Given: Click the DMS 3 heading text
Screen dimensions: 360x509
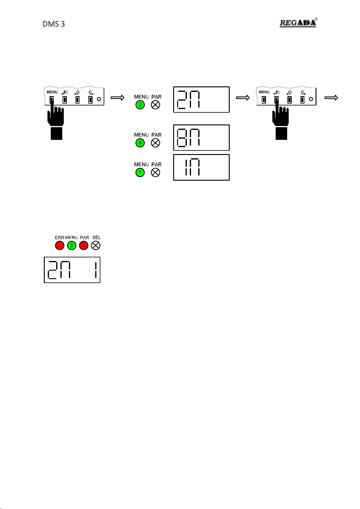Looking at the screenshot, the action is [54, 24].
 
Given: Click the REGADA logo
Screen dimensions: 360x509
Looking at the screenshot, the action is [298, 23].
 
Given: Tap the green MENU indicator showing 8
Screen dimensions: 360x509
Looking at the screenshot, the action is [140, 143].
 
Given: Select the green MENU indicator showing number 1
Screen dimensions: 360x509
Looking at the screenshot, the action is [140, 172].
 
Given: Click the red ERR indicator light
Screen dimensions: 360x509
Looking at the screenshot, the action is [60, 245].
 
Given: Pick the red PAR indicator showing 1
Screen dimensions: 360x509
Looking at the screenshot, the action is [84, 245].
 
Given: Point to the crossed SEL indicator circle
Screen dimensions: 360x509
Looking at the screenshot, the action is [96, 245].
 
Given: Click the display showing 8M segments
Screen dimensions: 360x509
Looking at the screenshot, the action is [201, 137].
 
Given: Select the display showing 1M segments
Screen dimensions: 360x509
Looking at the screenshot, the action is [201, 167].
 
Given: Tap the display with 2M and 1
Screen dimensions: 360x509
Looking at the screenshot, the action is [72, 270].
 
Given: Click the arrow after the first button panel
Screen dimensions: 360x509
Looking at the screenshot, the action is [118, 98].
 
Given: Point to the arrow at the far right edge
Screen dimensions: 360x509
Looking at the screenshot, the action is [331, 98].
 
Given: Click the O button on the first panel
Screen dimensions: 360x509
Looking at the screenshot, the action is [77, 100].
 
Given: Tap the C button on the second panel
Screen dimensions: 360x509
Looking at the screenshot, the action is [302, 100].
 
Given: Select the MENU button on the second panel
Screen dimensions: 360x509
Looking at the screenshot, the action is [264, 100].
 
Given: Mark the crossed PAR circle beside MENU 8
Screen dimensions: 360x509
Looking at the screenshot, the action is [155, 143].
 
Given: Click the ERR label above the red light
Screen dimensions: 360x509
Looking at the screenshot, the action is [59, 238].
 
